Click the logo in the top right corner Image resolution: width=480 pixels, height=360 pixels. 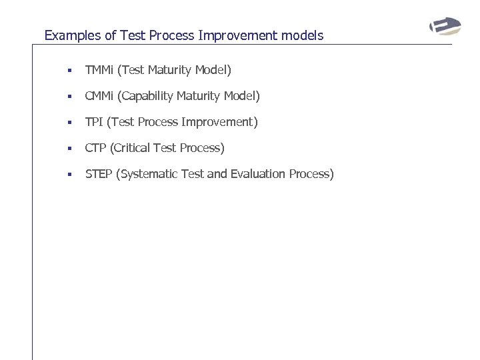tap(444, 27)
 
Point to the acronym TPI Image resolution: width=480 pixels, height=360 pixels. tap(94, 122)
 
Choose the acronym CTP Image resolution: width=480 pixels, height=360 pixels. tap(95, 148)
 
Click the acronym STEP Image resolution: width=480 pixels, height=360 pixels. tap(99, 174)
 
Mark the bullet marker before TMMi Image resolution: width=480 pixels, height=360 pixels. tap(69, 71)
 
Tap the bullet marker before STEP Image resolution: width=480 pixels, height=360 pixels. tap(69, 175)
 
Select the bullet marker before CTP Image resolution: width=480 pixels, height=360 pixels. tap(69, 149)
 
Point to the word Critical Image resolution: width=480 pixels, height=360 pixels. tap(135, 148)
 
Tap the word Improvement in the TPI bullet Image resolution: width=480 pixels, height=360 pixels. tap(220, 122)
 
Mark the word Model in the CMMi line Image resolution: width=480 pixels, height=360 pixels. tap(241, 96)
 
